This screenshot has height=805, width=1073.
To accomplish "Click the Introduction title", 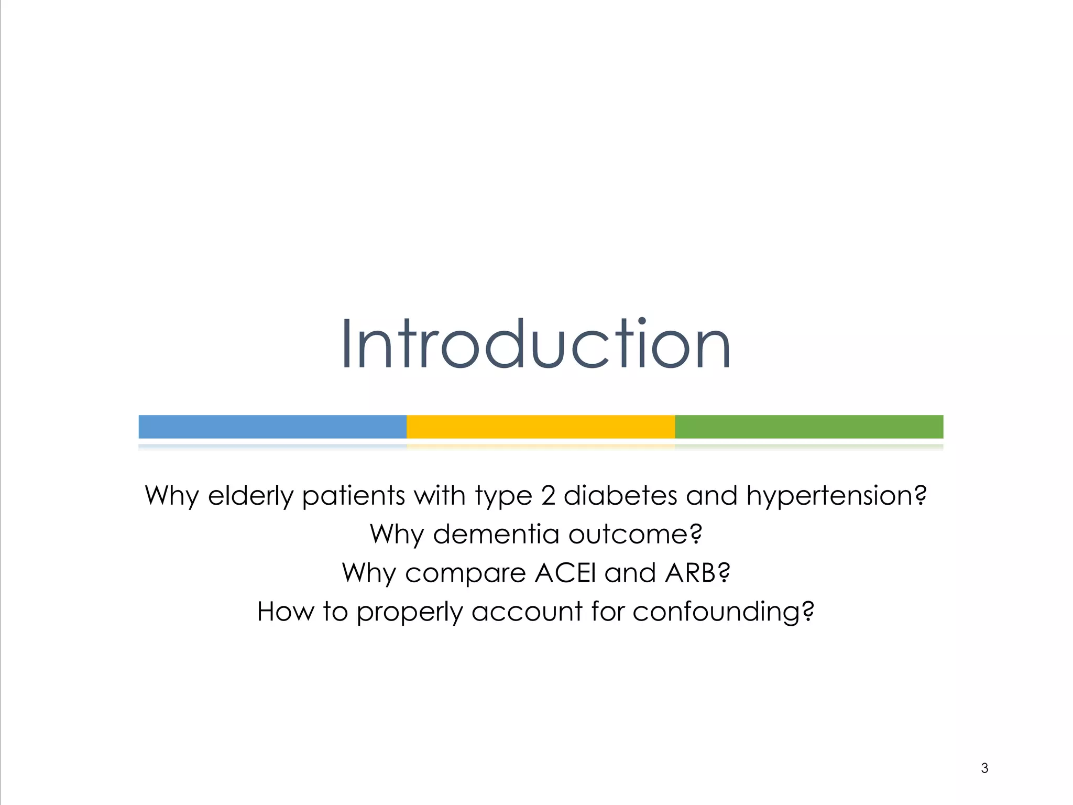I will pos(535,344).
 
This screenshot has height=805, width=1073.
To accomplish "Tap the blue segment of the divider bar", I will pos(272,427).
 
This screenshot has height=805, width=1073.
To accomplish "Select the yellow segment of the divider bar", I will pos(541,427).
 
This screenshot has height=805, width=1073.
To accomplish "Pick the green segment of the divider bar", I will pos(809,427).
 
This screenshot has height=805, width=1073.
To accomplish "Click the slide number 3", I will pos(984,768).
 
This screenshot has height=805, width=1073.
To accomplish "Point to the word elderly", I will pos(250,496).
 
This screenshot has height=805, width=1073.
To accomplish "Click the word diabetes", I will pos(620,496).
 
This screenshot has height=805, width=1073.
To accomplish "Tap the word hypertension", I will pos(836,496).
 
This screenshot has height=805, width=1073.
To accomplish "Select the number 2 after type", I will pos(548,496).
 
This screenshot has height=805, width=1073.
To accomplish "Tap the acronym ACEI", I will pos(565,573).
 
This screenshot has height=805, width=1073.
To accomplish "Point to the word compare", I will pos(465,573).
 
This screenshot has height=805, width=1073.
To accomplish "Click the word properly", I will pos(410,612).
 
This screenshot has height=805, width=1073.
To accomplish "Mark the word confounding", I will pos(723,612).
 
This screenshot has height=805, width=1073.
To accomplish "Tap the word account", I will pos(527,612).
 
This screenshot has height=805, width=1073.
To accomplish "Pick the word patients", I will pos(354,496).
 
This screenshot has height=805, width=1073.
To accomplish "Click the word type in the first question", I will pos(503,496).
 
